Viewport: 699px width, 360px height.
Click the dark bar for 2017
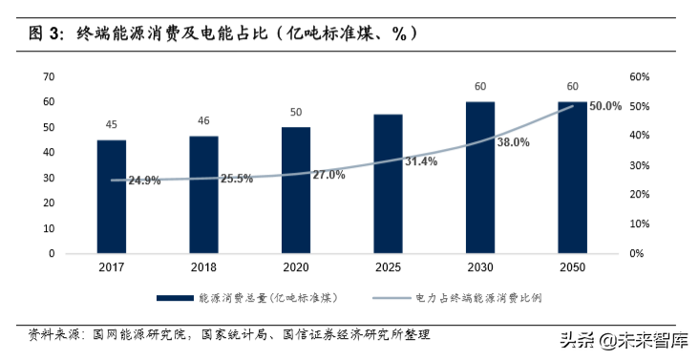[111, 197]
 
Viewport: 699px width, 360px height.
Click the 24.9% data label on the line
[143, 180]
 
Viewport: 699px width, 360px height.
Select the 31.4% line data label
[420, 161]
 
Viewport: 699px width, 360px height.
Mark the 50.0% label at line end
[606, 106]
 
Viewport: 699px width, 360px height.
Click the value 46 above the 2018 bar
[203, 121]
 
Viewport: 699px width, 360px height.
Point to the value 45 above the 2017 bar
[111, 124]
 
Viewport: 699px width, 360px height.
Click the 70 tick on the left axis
[49, 76]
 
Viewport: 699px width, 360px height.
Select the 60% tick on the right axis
[639, 76]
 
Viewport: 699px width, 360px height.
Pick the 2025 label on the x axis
[388, 268]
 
